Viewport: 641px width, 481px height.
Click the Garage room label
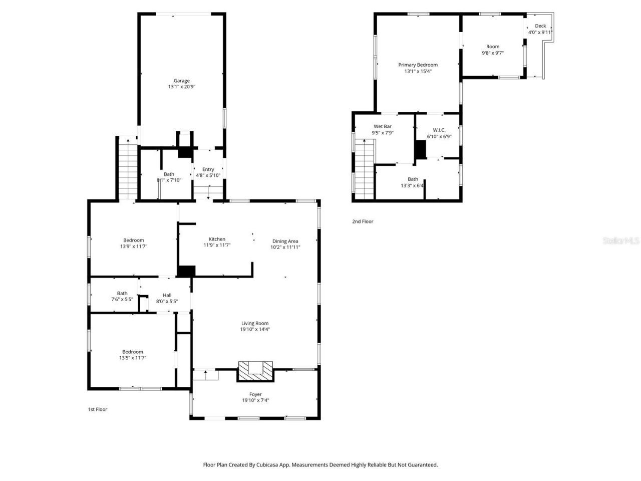coord(181,81)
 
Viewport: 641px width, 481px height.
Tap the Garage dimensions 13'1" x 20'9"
coord(181,87)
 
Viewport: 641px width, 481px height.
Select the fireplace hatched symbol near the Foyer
coord(255,371)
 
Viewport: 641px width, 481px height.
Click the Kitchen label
coord(217,239)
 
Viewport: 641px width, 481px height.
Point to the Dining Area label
coord(285,241)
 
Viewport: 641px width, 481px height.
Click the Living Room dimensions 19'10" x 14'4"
coord(255,329)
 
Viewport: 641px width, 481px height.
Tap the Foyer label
coord(255,394)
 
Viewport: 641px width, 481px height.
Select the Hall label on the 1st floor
coord(167,295)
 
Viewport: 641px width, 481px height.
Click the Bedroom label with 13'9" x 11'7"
coord(133,240)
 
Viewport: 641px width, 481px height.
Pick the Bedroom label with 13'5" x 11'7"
coord(133,352)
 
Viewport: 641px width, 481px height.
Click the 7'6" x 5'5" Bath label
coord(122,293)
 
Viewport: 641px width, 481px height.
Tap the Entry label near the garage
coord(208,169)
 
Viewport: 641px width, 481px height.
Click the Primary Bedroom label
coord(418,65)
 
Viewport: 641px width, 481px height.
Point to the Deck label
coord(540,26)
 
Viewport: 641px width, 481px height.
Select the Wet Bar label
coord(383,127)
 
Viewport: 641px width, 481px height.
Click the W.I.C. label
coord(439,130)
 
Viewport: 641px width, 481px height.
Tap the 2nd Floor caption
coord(363,221)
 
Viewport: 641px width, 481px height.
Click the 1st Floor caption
coord(98,409)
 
